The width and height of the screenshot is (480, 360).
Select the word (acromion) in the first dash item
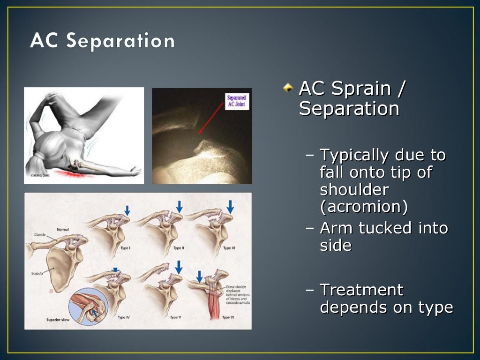364,206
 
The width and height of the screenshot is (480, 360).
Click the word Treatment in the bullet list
361,290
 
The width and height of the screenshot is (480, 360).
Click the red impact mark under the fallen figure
70,175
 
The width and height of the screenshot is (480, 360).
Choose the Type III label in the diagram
228,248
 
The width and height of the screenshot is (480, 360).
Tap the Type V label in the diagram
175,317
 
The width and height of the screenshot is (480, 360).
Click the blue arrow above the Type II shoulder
179,206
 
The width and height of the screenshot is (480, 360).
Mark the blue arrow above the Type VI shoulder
199,276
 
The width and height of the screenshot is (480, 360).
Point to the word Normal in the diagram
63,230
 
